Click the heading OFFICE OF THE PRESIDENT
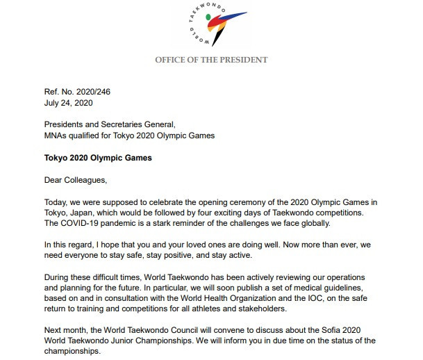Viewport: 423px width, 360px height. [211, 60]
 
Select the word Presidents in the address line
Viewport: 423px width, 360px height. [67, 124]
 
